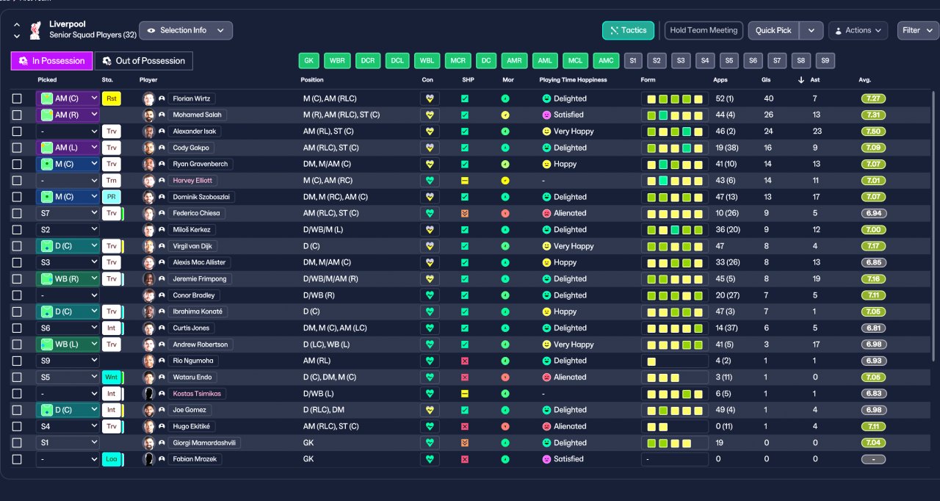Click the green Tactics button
(x=628, y=30)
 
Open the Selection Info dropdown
(x=186, y=31)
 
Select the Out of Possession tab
(x=143, y=61)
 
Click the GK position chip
(x=309, y=60)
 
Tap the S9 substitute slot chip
(x=825, y=60)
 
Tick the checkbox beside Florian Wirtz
(x=17, y=98)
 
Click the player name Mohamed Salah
(x=197, y=115)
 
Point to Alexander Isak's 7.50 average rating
(x=873, y=131)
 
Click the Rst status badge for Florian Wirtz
(x=111, y=98)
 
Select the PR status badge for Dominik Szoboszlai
(x=111, y=197)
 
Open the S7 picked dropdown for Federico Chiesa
(x=68, y=213)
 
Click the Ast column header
(x=814, y=80)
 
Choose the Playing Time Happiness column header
(x=573, y=80)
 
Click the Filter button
(x=917, y=31)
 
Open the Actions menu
(x=858, y=31)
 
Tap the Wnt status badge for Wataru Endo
(x=111, y=377)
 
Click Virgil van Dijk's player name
(x=192, y=246)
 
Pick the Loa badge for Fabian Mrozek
(x=111, y=459)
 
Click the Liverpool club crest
(x=36, y=31)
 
